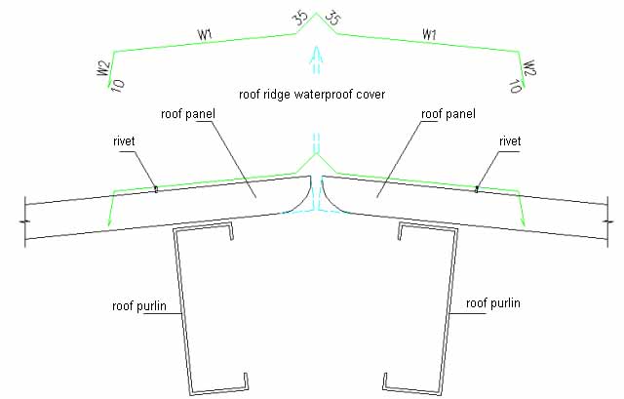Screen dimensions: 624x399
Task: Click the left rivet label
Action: click(124, 141)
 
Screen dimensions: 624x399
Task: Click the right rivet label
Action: click(510, 141)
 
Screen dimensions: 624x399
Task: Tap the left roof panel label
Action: click(188, 114)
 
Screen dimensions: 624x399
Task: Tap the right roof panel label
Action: click(448, 114)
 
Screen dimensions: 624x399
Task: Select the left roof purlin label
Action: click(139, 305)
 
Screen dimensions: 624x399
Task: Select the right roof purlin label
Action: click(493, 303)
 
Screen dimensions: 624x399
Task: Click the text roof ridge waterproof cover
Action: click(312, 95)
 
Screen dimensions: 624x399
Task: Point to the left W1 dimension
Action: click(205, 35)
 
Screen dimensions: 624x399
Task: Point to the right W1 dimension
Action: click(429, 34)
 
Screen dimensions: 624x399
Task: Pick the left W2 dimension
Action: click(103, 68)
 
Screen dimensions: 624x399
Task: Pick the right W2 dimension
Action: click(529, 68)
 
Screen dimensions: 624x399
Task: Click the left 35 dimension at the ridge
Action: click(301, 18)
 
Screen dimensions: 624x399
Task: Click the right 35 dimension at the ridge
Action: click(332, 18)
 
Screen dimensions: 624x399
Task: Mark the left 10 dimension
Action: click(117, 85)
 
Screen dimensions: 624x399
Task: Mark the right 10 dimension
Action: click(516, 86)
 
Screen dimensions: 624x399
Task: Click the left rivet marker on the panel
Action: click(156, 189)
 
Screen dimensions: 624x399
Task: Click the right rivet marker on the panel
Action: click(477, 189)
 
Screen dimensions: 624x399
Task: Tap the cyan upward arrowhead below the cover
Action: click(317, 55)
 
